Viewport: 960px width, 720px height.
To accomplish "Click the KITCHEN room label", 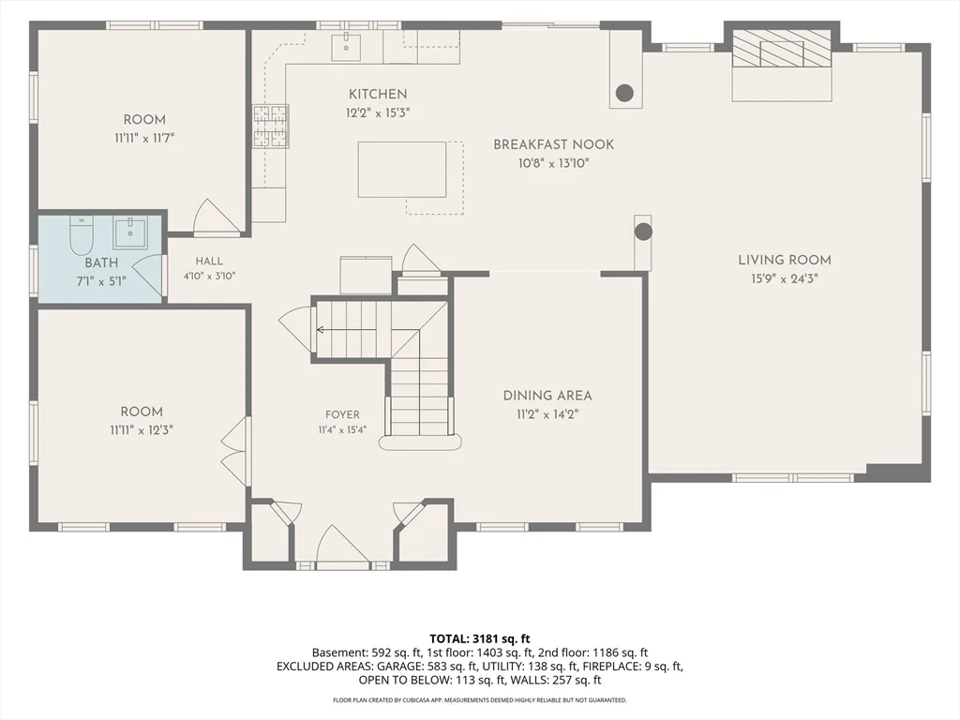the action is click(x=378, y=94).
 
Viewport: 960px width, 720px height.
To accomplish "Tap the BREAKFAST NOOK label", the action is click(x=553, y=144).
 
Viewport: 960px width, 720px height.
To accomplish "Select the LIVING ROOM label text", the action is click(x=785, y=260).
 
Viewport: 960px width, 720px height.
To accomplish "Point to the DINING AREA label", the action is click(x=547, y=396).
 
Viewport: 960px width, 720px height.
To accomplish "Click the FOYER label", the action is click(x=342, y=414).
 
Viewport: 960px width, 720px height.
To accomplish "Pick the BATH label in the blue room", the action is click(x=101, y=262).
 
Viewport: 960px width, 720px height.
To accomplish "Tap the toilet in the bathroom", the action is click(x=81, y=234).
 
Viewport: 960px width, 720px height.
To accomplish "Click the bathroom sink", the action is click(x=129, y=232).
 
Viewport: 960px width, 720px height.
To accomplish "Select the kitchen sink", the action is click(x=346, y=47).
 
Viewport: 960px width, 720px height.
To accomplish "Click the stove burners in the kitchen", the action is click(x=271, y=127).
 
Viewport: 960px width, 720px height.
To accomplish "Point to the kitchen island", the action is click(x=401, y=170).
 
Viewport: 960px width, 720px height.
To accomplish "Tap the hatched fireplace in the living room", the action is click(x=782, y=49).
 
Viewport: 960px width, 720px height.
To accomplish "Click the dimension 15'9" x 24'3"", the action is click(x=785, y=278).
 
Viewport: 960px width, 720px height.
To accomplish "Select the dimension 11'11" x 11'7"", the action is click(x=144, y=139).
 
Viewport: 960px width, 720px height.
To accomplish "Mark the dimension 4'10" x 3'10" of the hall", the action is click(x=209, y=277).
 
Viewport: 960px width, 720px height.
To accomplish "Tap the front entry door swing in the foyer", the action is click(x=341, y=544).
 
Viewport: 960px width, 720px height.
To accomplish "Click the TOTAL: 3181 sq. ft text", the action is click(x=480, y=639).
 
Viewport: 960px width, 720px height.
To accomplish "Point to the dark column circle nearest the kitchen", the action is click(x=623, y=93).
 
